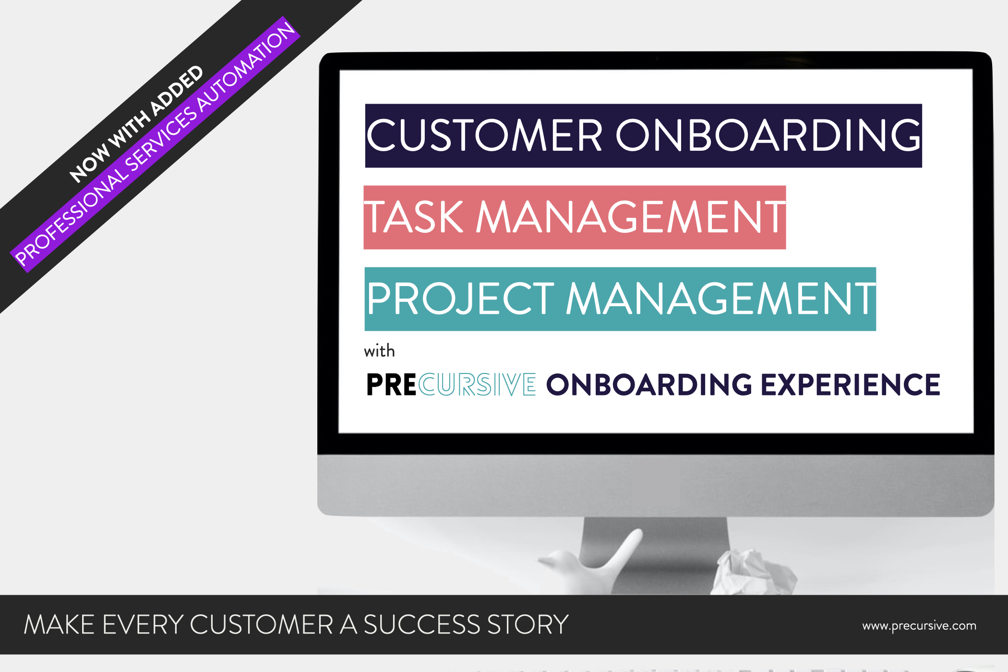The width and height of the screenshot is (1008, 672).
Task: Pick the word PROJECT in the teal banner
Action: tap(461, 299)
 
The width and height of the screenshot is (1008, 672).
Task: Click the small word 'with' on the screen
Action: tap(379, 351)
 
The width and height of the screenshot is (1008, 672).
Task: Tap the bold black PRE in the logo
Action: tap(391, 384)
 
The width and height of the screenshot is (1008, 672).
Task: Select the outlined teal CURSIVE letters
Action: tap(477, 384)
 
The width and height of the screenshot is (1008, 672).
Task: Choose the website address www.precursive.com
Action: tap(919, 625)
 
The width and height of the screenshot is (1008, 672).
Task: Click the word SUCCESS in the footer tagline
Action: tap(421, 624)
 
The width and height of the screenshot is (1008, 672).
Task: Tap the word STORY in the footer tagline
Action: tap(528, 624)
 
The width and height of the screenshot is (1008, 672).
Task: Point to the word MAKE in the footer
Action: tap(59, 624)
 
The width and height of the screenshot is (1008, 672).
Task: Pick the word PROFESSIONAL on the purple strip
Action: tap(72, 219)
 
